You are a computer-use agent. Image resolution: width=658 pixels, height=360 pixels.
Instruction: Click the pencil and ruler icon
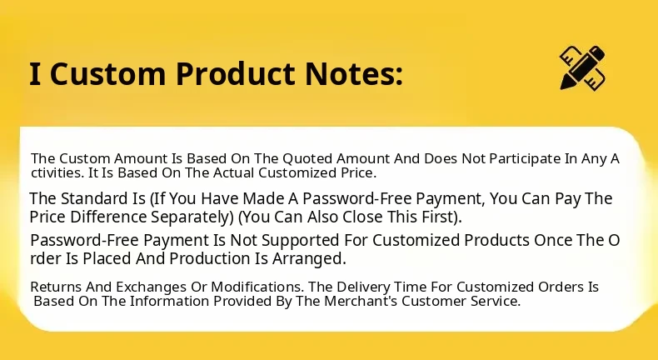(582, 67)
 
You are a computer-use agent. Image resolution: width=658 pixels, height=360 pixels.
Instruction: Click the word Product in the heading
(237, 73)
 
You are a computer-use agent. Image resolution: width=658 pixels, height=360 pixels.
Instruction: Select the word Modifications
(257, 287)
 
